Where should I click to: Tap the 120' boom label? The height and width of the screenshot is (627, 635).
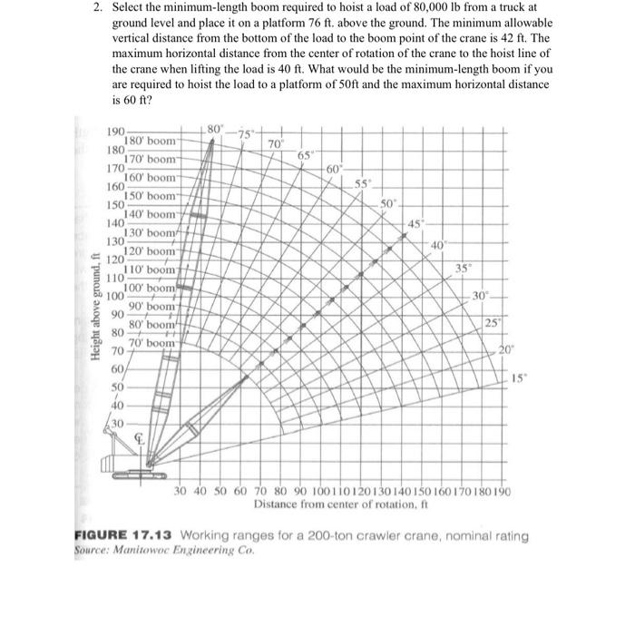(150, 250)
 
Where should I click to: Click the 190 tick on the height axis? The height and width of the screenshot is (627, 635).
(117, 132)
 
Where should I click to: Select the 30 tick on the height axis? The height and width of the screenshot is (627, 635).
(117, 425)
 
